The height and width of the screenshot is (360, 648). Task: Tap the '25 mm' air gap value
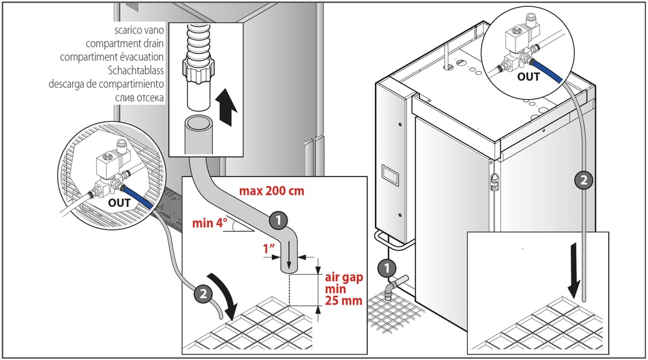tap(343, 300)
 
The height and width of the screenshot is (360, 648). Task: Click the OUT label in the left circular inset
tap(119, 202)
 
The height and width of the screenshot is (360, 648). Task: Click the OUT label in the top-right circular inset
tap(528, 77)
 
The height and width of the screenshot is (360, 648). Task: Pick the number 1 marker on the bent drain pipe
tap(278, 220)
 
